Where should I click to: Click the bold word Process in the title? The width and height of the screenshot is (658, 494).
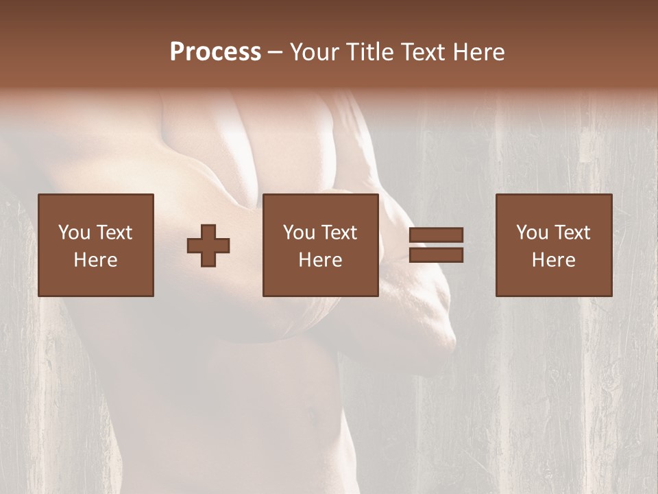pos(215,52)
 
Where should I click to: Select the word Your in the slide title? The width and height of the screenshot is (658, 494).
pos(314,52)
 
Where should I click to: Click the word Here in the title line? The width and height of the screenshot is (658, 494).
pos(476,52)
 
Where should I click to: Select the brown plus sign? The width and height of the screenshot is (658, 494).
pos(208,246)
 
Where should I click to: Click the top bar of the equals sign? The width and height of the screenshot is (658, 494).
pos(436,235)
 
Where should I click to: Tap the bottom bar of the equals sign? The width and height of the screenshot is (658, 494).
pos(436,255)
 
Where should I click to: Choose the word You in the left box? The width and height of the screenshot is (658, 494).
pos(74,233)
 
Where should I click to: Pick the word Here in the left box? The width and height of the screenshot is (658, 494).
pos(95,260)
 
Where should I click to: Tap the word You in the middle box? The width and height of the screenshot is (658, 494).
pos(300,233)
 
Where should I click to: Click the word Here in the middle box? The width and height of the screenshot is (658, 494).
pos(320,260)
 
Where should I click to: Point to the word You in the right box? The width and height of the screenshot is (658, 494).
pos(533,233)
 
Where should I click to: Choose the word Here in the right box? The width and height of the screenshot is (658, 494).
pos(553,260)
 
